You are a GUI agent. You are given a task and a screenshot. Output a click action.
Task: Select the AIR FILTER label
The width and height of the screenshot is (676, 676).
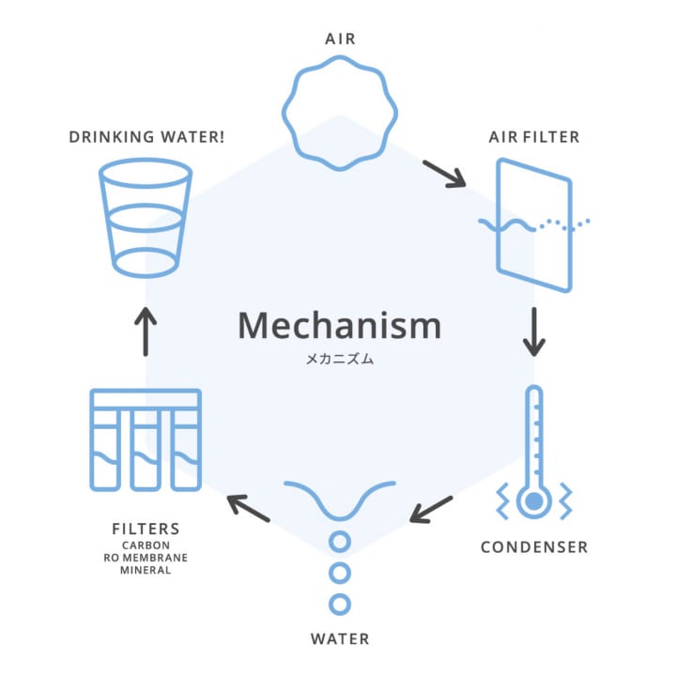pos(533,137)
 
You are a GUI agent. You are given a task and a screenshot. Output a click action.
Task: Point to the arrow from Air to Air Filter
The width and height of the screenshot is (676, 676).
pos(443,174)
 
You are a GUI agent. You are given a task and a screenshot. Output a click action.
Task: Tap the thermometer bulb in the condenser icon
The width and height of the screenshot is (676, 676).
pos(533,502)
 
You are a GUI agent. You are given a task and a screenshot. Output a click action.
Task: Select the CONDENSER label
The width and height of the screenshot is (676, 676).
pos(533,547)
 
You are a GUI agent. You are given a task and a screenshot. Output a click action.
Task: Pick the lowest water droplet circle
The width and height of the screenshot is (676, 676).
pos(339,604)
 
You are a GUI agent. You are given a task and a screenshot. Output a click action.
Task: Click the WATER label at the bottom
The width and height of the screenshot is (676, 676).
pos(339,640)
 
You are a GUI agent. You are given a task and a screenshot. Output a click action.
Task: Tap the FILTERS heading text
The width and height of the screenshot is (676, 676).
pos(145,530)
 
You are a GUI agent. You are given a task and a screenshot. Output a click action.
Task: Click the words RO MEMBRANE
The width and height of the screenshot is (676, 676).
pos(146,557)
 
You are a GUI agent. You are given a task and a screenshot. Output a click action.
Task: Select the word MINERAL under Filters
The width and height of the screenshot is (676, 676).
pos(146,570)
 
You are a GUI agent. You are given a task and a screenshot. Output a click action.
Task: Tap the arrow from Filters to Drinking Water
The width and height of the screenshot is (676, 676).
pos(146,331)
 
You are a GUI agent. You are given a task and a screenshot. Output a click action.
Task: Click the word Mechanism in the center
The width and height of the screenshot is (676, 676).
pos(339,325)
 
